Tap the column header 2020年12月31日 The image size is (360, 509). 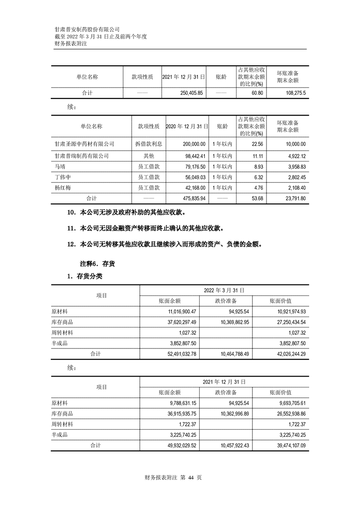(x=187, y=126)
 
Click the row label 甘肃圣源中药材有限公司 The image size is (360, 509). (x=84, y=144)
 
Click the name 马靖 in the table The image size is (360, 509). (x=59, y=166)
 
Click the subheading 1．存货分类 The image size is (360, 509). (x=88, y=275)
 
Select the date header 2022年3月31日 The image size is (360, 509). (x=224, y=290)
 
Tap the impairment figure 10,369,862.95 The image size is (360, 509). (x=231, y=323)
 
